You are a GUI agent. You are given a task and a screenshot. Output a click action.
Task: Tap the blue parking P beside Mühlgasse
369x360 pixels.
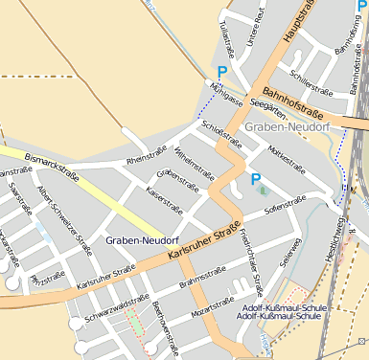222,72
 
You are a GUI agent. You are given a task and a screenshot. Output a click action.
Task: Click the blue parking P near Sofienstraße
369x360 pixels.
256,179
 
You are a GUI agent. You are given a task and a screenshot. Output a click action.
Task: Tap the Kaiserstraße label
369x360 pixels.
164,195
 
